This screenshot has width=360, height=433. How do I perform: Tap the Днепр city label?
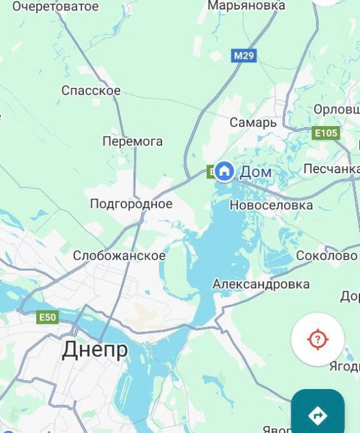95,350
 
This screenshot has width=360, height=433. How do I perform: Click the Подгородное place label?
131,204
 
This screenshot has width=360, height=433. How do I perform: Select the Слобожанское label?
119,256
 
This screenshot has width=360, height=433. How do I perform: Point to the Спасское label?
91,90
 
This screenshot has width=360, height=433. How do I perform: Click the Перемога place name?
132,142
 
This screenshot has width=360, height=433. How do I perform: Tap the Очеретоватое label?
56,6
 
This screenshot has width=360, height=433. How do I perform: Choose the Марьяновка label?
246,5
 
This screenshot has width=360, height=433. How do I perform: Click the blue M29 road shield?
244,56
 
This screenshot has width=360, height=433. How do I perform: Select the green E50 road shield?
47,317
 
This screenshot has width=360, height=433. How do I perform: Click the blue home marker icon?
224,171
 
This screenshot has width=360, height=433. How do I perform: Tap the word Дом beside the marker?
256,173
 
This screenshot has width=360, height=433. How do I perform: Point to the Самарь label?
253,122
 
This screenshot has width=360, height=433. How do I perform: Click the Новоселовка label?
271,206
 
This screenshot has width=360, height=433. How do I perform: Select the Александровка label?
261,284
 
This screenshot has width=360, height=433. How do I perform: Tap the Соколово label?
326,256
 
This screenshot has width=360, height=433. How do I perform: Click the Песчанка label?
331,169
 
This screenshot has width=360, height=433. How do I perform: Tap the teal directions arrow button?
317,414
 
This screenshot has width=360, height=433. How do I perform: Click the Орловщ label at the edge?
336,110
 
